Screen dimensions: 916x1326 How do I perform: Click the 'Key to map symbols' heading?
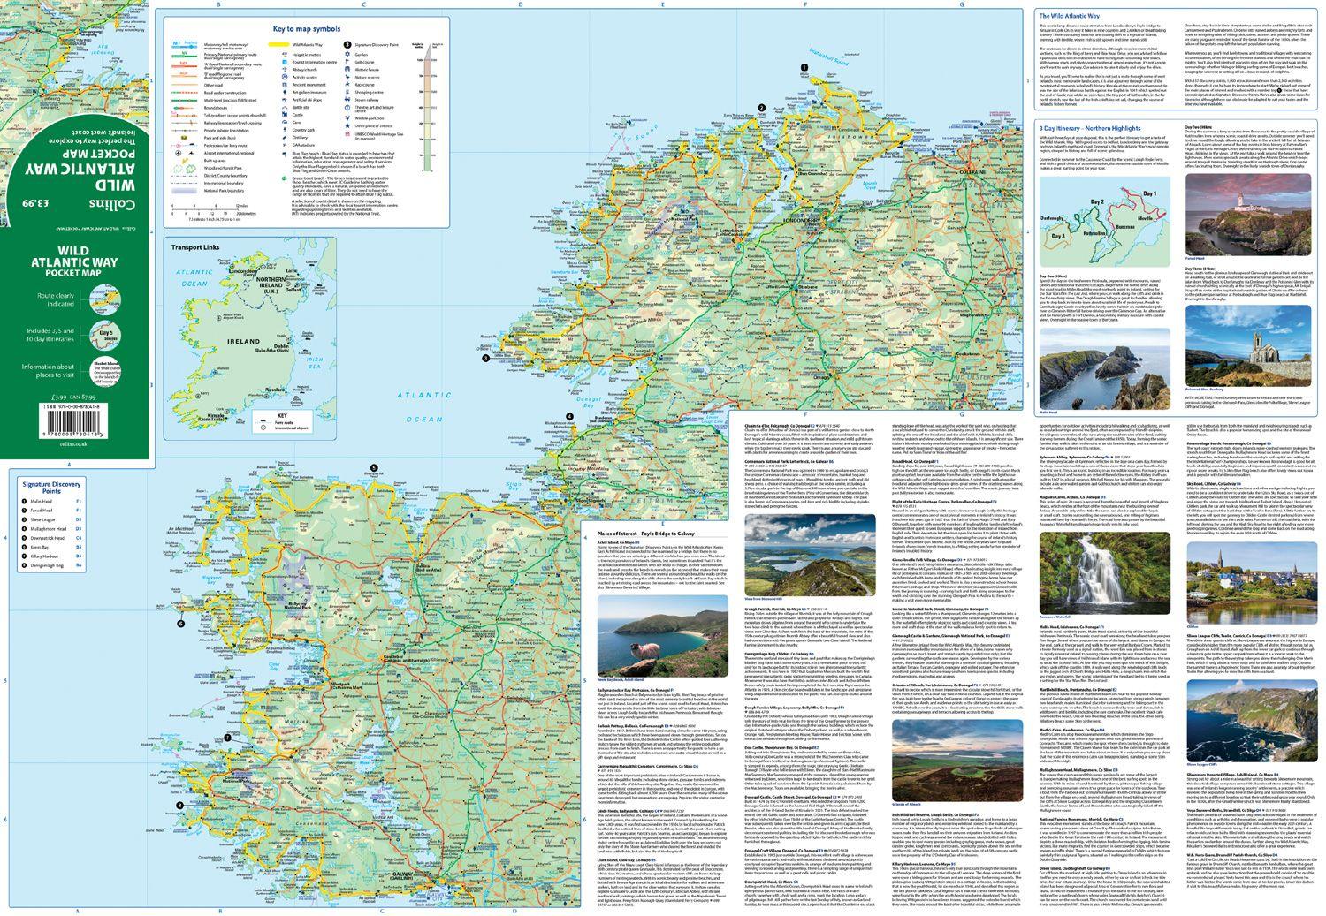tap(300, 29)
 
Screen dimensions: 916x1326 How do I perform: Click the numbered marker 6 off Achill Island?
tap(180, 624)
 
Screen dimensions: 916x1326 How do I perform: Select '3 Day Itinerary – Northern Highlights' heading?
tap(1088, 128)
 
